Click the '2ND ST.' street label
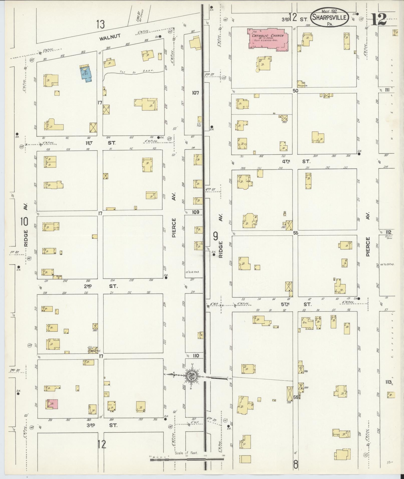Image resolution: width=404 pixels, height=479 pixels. point(100,286)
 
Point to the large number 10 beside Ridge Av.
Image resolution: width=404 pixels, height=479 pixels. point(25,222)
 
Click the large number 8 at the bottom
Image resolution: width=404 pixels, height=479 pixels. point(296,465)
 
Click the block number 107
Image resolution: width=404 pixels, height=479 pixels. point(195,93)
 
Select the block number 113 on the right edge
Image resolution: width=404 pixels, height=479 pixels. point(388,382)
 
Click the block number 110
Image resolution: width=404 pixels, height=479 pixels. point(196,356)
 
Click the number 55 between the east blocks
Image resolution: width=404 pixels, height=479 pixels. point(296,233)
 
